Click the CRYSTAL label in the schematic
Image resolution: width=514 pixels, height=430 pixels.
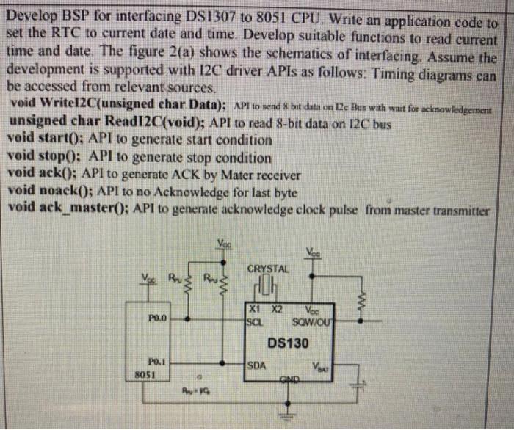click(267, 269)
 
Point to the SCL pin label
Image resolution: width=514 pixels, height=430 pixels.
click(254, 319)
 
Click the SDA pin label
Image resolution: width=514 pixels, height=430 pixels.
click(257, 364)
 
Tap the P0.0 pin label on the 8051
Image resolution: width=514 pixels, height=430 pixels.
click(158, 319)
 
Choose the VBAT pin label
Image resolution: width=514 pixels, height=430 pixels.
click(321, 365)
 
